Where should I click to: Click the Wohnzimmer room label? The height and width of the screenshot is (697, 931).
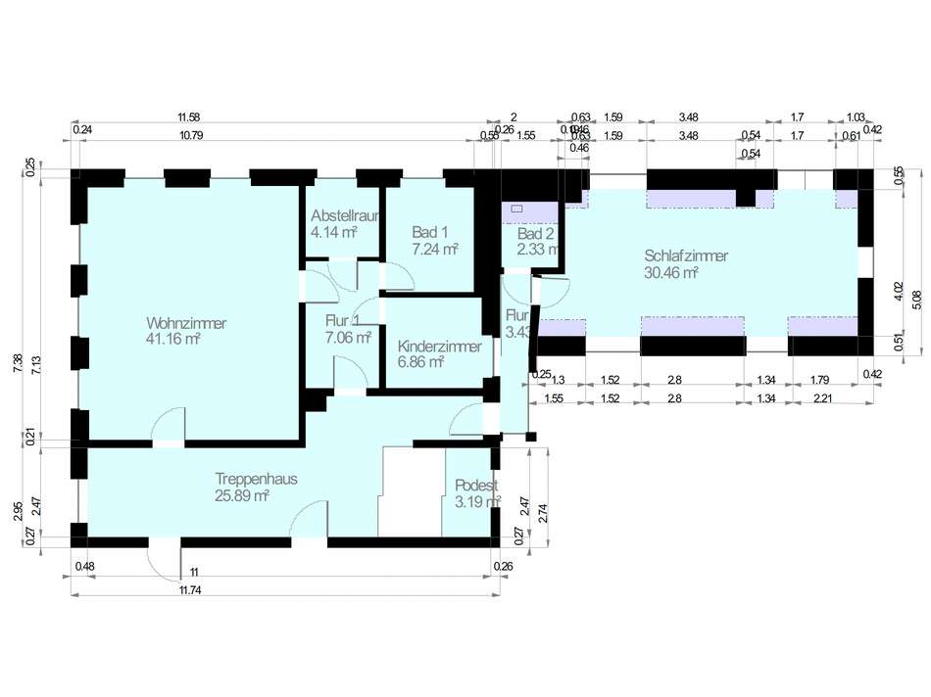tap(186, 323)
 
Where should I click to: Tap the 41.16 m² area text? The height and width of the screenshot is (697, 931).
tap(173, 340)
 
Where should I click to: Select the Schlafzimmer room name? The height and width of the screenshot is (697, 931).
tap(686, 256)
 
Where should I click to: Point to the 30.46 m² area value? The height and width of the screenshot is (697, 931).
tap(670, 273)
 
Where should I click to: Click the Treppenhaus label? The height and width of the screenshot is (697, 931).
tap(256, 480)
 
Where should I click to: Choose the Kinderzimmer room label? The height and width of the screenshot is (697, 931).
tap(439, 347)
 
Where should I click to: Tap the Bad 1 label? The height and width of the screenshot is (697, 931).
tap(430, 233)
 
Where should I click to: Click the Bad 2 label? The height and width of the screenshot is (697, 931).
tap(536, 234)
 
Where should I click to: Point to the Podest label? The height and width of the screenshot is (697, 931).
tap(477, 487)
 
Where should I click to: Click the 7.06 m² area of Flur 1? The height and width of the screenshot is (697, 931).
tap(349, 338)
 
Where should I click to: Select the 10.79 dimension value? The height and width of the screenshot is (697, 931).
tap(190, 135)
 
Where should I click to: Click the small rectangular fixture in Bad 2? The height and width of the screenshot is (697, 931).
tap(516, 209)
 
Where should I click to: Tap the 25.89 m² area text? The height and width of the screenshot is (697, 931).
tap(242, 496)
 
